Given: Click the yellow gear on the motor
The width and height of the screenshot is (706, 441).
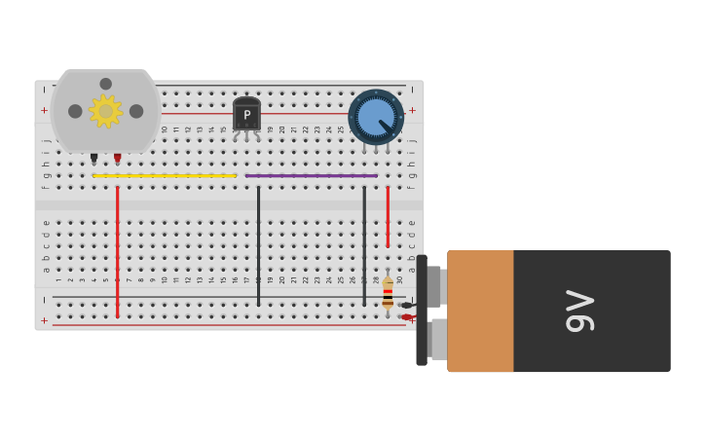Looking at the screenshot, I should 105,111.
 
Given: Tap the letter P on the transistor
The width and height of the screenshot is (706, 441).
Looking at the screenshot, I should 246,115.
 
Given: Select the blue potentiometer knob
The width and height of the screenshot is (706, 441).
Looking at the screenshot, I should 376,117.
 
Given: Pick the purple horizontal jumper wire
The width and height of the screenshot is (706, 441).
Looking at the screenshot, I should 311,176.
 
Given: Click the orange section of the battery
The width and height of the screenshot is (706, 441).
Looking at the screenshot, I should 480,312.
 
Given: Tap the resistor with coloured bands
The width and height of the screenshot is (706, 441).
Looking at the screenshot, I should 388,293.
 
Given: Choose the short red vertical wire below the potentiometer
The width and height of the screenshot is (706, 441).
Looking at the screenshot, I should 388,216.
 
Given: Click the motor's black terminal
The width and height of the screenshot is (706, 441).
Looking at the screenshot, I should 94,158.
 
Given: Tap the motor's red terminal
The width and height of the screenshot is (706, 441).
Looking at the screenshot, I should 117,158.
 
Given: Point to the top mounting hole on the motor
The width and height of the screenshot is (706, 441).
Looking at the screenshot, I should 105,84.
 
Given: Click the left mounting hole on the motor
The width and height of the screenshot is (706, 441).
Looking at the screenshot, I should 75,111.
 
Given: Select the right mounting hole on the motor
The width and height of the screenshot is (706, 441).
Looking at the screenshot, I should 136,111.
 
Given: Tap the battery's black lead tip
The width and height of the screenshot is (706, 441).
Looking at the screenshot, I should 406,306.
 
